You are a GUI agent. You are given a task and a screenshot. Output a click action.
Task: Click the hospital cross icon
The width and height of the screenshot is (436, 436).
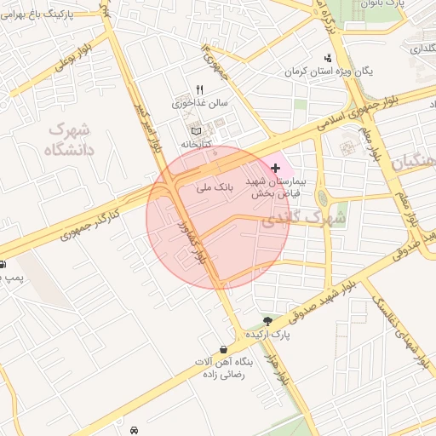(274, 169)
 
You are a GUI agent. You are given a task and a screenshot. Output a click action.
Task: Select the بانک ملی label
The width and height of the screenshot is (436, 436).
(215, 185)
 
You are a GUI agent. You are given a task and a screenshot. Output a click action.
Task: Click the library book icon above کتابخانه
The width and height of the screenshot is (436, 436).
(198, 131)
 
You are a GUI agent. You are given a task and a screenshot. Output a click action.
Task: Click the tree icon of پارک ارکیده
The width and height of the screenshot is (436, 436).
(268, 321)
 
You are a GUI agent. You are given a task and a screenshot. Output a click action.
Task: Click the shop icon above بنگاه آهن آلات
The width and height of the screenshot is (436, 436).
(223, 349)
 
